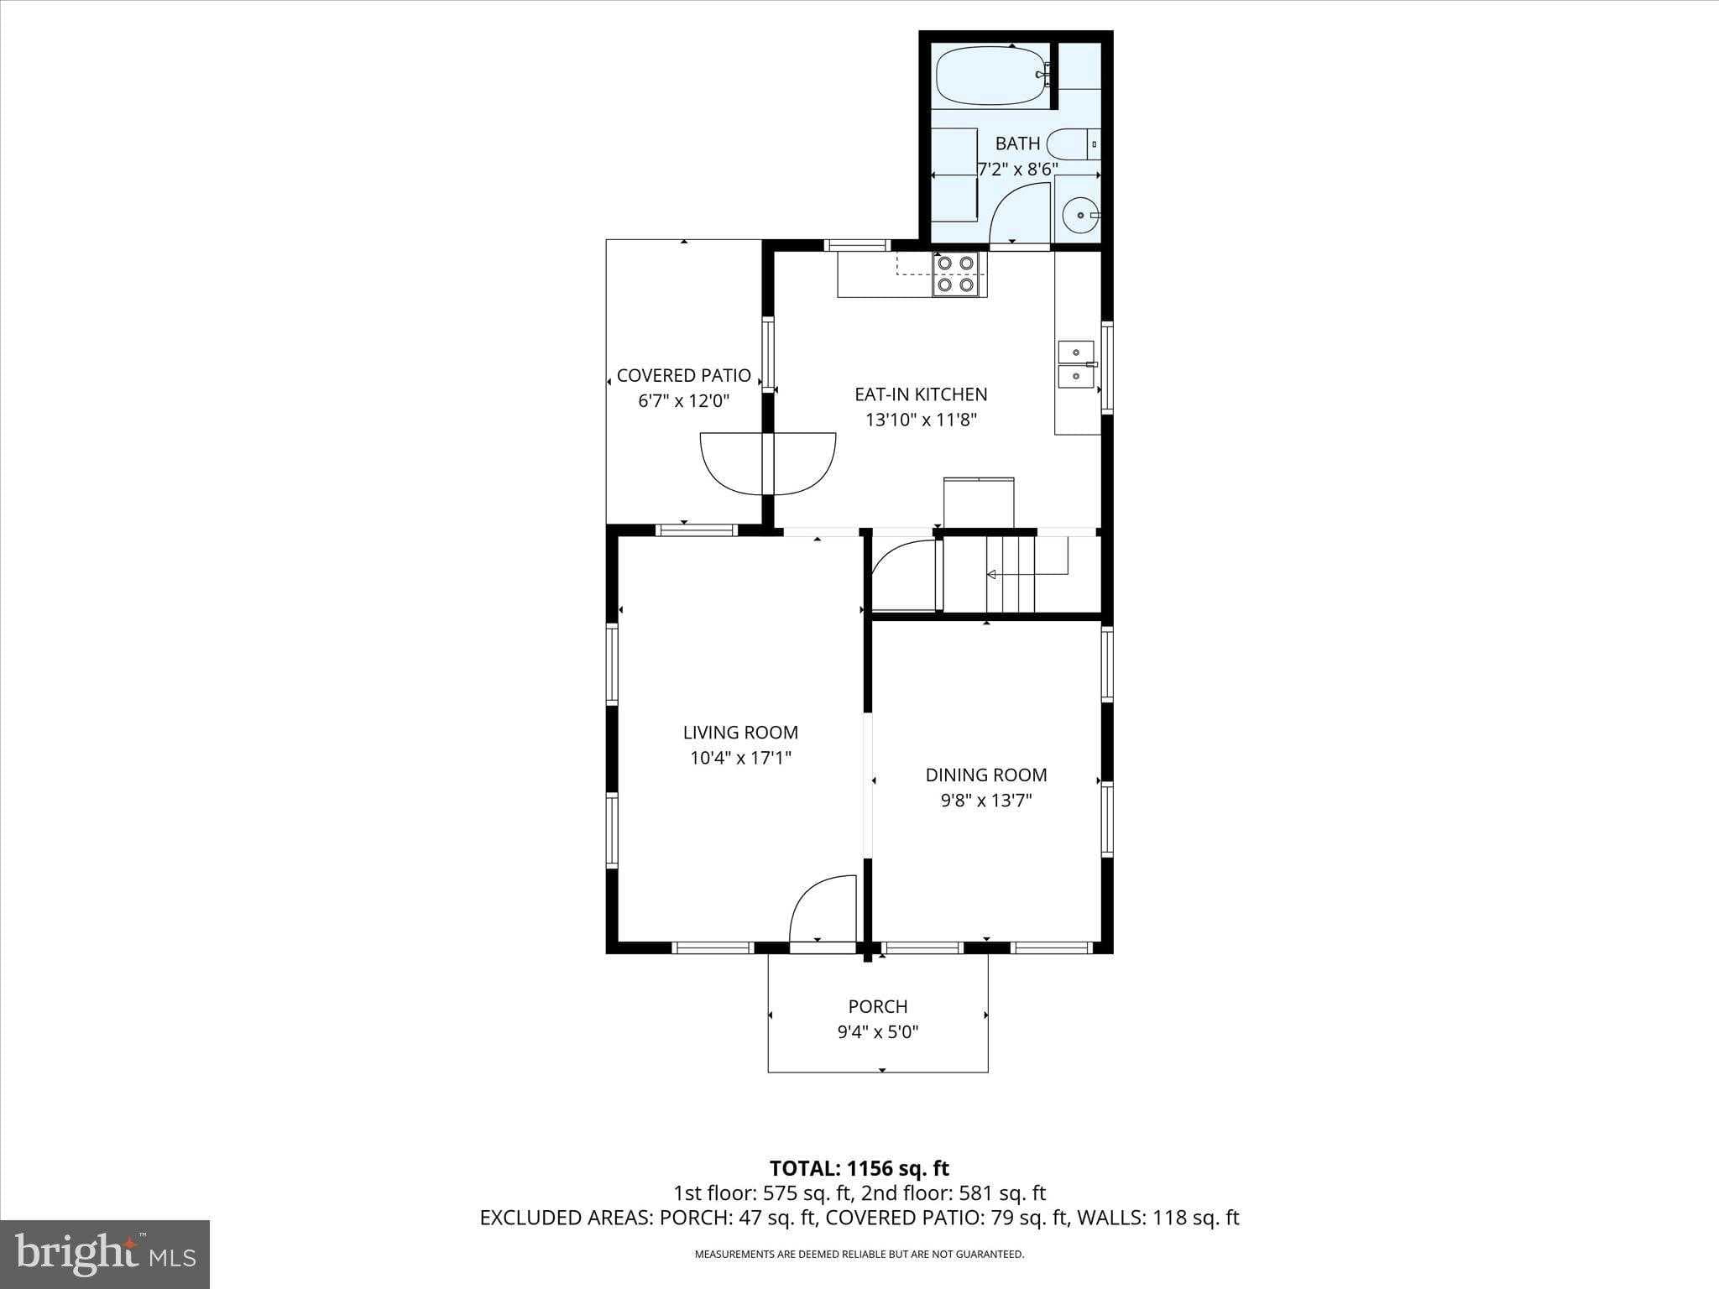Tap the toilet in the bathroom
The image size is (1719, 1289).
tap(1073, 144)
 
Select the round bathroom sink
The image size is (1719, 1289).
tap(1079, 216)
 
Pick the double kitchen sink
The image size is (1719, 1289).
tap(1076, 365)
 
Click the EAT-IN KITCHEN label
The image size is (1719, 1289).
tap(921, 394)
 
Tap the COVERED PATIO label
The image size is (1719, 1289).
tap(684, 376)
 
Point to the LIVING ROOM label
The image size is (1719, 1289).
tap(740, 733)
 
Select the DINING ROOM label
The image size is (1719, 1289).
tap(986, 775)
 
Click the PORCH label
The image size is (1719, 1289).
tap(878, 1006)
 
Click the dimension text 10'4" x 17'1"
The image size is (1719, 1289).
tap(741, 759)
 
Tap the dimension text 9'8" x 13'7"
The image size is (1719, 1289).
tap(986, 801)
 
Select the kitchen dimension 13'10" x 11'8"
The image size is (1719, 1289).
tap(922, 420)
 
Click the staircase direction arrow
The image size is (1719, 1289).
tap(1027, 574)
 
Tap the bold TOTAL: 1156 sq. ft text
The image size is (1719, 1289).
tap(859, 1168)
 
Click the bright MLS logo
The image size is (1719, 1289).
tap(105, 1253)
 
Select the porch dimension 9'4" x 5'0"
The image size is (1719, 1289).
tap(878, 1032)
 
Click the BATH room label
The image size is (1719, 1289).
tap(1018, 144)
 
